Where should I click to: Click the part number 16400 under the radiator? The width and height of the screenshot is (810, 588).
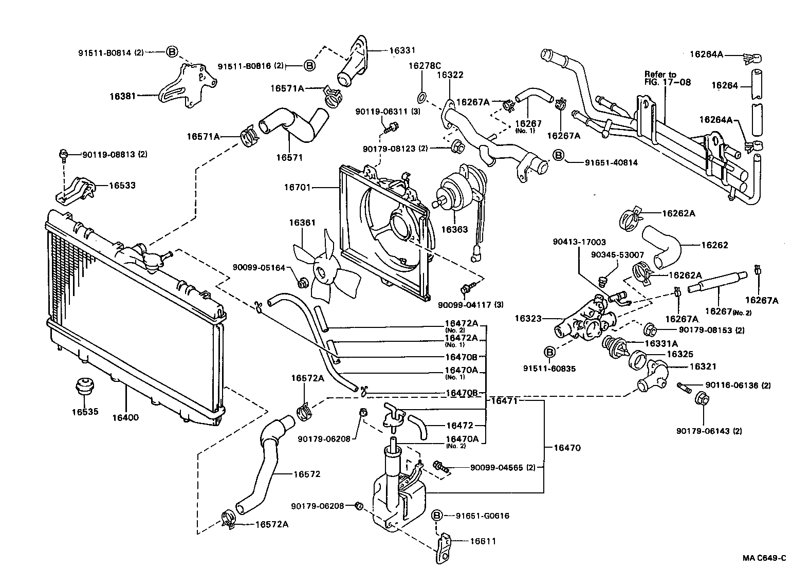pyautogui.click(x=125, y=417)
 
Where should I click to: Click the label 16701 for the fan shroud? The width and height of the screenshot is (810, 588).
pyautogui.click(x=298, y=188)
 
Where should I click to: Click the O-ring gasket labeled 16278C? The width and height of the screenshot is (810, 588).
pyautogui.click(x=421, y=96)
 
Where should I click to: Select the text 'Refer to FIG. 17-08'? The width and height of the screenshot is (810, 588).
pyautogui.click(x=668, y=78)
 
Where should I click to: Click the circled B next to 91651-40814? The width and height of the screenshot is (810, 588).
pyautogui.click(x=558, y=155)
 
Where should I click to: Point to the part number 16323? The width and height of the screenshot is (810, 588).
pyautogui.click(x=528, y=319)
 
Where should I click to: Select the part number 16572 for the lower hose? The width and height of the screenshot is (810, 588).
pyautogui.click(x=306, y=474)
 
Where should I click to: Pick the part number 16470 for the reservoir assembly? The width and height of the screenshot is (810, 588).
pyautogui.click(x=567, y=448)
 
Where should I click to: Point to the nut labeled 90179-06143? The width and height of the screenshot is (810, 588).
pyautogui.click(x=702, y=398)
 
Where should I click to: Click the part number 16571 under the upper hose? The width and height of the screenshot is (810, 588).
pyautogui.click(x=289, y=157)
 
